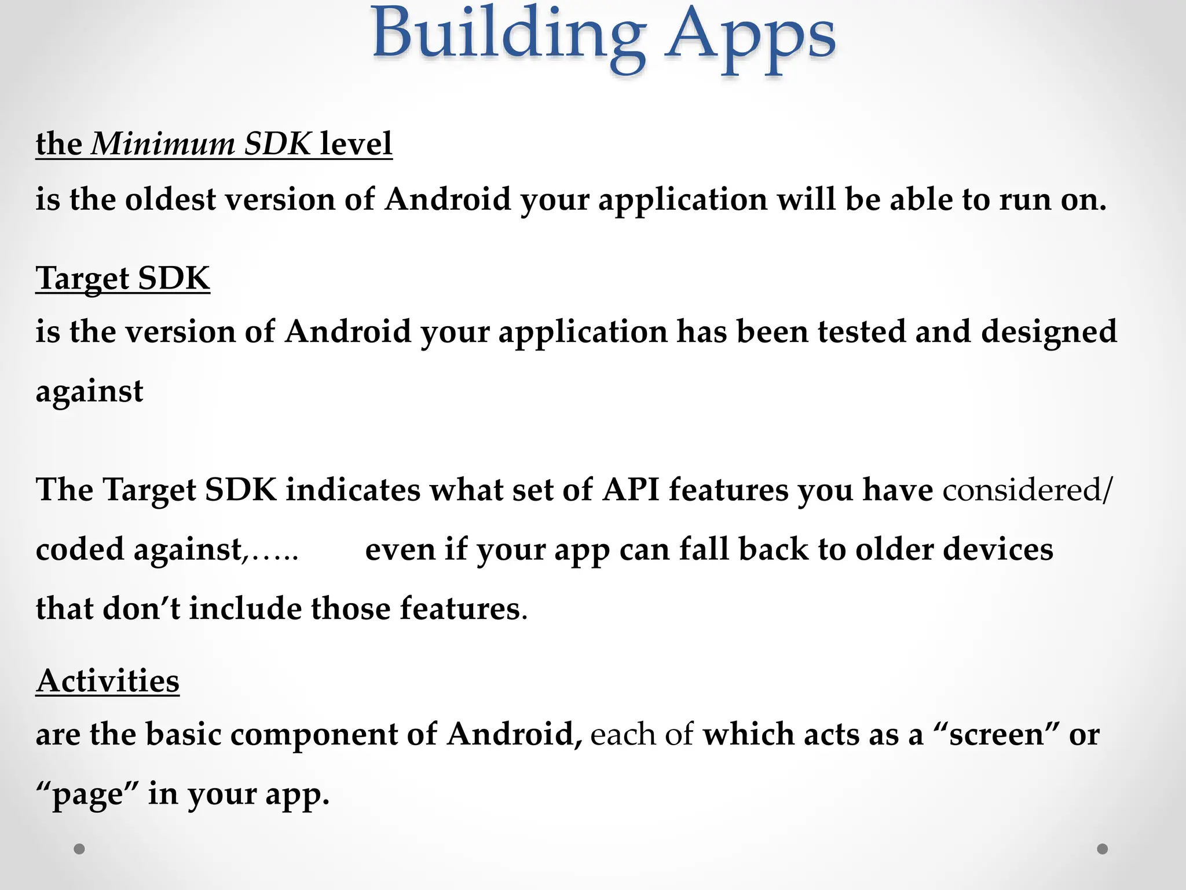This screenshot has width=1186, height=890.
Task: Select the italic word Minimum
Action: [163, 144]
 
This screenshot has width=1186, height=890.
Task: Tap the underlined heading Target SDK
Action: [123, 278]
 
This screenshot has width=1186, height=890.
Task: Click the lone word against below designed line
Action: [89, 392]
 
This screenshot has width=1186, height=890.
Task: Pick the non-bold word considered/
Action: [1027, 490]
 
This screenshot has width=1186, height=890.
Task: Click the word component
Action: [313, 735]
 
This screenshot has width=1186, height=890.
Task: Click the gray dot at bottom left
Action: [79, 849]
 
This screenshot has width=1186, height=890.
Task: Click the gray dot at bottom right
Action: [1103, 849]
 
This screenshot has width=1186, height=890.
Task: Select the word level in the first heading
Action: [356, 144]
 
